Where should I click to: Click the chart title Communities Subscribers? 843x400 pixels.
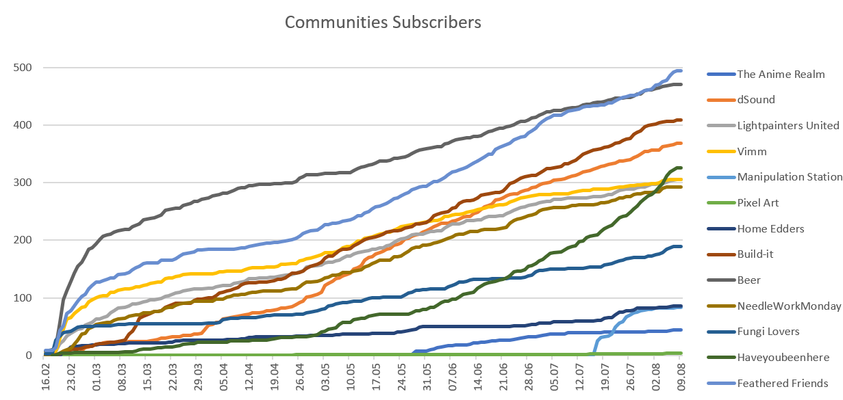pos(383,23)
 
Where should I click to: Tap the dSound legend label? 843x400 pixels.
pos(756,100)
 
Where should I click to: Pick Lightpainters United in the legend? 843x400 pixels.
pos(788,125)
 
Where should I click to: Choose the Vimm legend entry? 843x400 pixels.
pos(753,151)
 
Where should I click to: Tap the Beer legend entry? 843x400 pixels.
pos(748,280)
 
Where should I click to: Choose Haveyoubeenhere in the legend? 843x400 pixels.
pos(783,357)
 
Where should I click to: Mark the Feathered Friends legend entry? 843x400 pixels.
pos(782,383)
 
